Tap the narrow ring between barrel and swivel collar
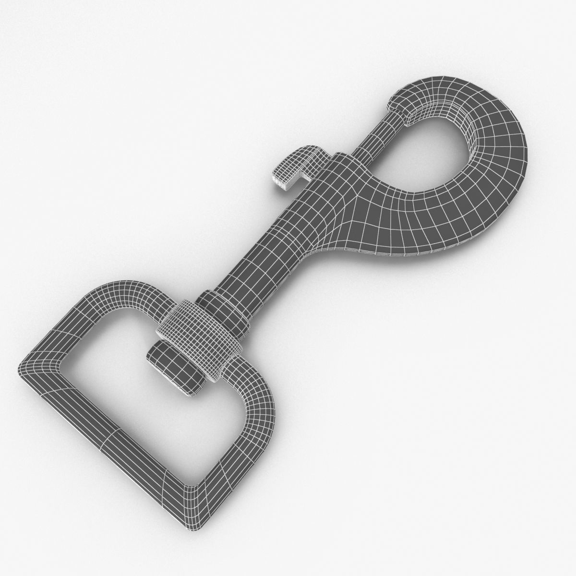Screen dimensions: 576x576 (x=226, y=312)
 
